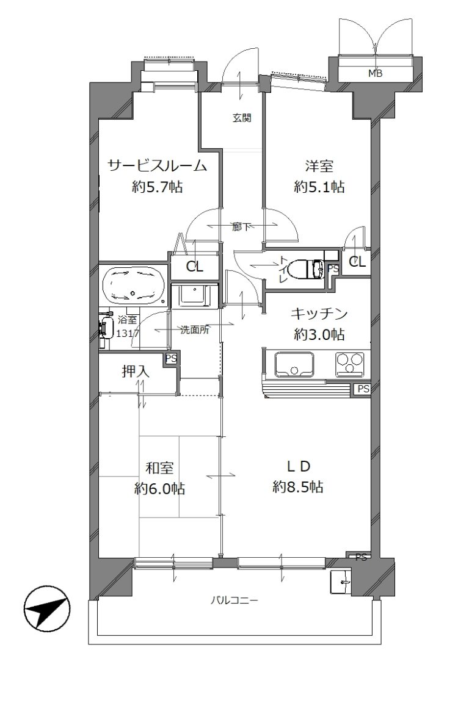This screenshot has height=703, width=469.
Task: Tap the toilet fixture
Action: click(305, 269)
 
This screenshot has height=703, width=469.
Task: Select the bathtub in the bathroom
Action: click(133, 286)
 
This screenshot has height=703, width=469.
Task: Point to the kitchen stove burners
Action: click(350, 362)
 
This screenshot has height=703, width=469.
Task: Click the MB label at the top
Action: click(375, 74)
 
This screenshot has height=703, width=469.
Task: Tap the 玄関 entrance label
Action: click(241, 118)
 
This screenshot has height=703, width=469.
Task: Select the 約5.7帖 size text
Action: click(157, 187)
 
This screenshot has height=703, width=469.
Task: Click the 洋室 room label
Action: click(319, 167)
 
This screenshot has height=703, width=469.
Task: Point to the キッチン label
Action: click(319, 314)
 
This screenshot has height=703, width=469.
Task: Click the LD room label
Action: click(299, 466)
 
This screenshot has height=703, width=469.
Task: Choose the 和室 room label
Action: click(159, 468)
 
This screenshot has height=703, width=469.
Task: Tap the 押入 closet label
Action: click(136, 371)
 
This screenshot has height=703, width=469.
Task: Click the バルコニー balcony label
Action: click(234, 600)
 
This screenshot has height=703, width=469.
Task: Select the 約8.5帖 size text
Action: click(298, 486)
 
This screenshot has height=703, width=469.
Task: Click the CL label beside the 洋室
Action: click(357, 262)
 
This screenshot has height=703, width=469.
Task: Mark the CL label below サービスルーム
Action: click(194, 267)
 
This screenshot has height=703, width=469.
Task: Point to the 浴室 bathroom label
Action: click(127, 320)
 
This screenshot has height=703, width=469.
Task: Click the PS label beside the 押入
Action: click(171, 359)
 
